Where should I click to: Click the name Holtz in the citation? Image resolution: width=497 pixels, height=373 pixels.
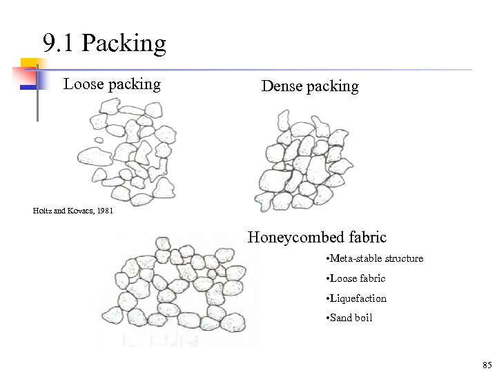pyautogui.click(x=42, y=211)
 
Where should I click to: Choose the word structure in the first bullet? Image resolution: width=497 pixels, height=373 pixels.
pyautogui.click(x=400, y=258)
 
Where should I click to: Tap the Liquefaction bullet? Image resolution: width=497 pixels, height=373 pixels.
pyautogui.click(x=357, y=298)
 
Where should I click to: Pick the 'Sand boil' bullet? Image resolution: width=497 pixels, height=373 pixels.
pyautogui.click(x=350, y=318)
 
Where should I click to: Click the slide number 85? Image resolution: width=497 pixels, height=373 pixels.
pyautogui.click(x=487, y=364)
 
